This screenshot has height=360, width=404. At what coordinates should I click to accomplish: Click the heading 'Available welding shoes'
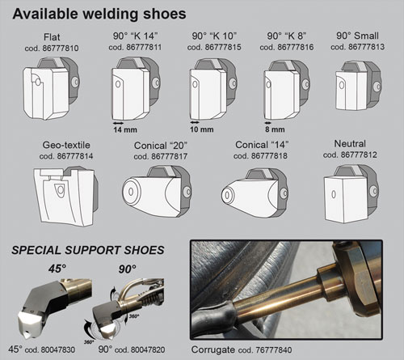point(99,14)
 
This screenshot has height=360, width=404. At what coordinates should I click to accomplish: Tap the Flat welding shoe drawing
point(51,88)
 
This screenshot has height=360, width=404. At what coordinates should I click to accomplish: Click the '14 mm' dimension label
point(125,129)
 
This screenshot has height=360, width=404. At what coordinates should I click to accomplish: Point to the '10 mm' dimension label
point(202,129)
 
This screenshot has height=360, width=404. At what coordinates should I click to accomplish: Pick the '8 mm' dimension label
point(275,129)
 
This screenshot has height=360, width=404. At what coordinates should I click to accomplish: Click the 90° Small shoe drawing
point(358,86)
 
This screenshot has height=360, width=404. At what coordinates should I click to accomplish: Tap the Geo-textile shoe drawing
point(65,196)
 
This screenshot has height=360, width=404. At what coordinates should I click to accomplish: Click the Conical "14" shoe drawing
point(255,193)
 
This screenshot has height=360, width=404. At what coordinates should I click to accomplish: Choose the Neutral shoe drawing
point(351,194)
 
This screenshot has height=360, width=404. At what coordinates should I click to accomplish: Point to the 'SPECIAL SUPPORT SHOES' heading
point(88,250)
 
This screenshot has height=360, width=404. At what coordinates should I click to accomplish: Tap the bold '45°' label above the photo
point(57,269)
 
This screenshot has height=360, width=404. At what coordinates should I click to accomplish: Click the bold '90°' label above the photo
point(127,269)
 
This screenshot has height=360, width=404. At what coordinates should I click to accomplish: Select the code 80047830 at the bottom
point(57,349)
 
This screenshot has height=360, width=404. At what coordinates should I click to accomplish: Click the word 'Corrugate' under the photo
point(213,349)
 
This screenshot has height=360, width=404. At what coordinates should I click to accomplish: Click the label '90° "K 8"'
point(287,36)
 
